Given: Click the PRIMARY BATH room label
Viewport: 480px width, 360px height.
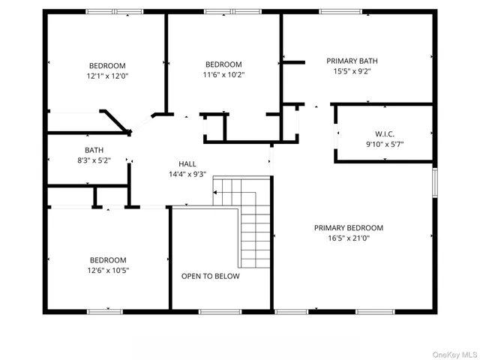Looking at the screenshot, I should (x=352, y=61).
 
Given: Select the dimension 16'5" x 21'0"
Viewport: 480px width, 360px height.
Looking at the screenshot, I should (x=348, y=238).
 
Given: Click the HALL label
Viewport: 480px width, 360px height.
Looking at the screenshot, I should (x=187, y=163).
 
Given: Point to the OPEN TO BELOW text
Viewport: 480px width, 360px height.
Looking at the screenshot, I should (x=211, y=276).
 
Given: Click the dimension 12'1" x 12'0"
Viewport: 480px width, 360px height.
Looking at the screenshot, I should (x=107, y=76).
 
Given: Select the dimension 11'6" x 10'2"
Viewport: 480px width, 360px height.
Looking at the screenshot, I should (x=223, y=74).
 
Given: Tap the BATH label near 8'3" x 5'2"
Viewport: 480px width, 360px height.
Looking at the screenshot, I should (x=94, y=150).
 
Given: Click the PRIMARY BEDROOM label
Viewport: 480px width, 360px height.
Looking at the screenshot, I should (x=348, y=228).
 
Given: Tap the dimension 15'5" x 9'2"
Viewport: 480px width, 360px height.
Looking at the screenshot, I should (x=352, y=71).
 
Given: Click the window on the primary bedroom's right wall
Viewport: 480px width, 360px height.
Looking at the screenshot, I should (x=433, y=183).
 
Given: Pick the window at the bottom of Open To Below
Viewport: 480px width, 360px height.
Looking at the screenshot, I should (x=220, y=311).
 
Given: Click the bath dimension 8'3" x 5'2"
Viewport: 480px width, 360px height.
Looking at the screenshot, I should (x=94, y=160).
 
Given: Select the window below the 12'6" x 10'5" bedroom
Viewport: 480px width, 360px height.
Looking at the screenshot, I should (x=105, y=311).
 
